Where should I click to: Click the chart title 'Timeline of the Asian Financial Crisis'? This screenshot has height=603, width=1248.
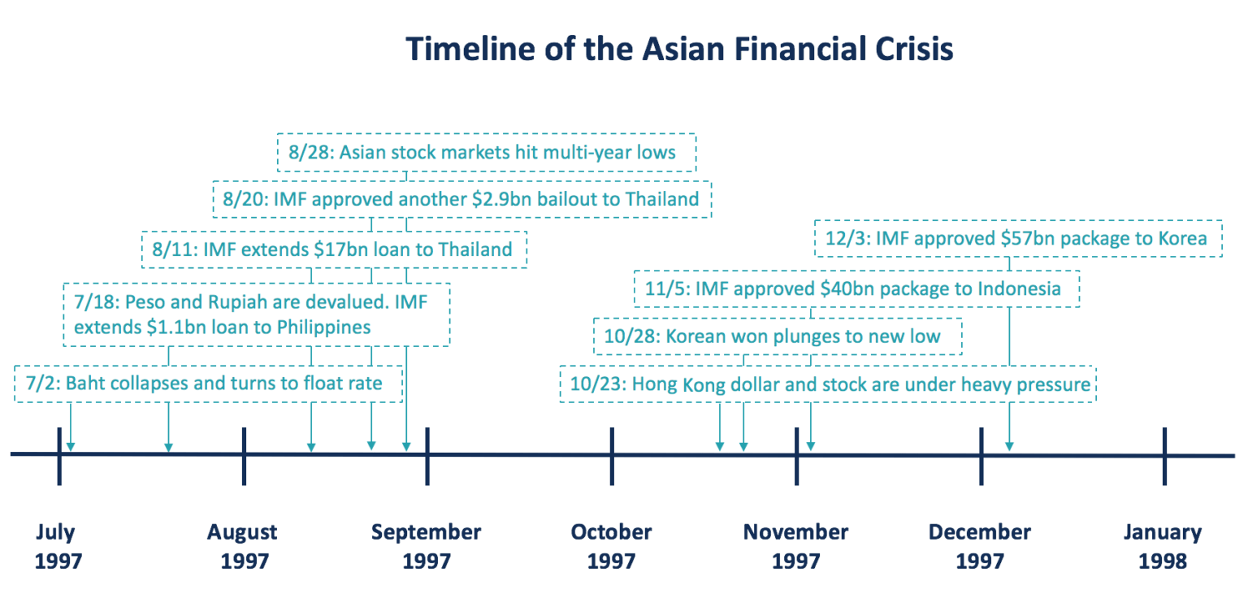[679, 50]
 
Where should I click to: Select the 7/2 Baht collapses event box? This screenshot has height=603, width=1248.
[209, 383]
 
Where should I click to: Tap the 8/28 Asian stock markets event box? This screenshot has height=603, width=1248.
[486, 152]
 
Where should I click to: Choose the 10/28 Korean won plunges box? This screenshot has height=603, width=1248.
[778, 336]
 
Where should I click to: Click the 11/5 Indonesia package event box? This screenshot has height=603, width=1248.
[856, 288]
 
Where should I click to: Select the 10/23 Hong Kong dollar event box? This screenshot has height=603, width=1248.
[827, 384]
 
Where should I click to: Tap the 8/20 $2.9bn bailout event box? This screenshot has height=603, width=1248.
[461, 199]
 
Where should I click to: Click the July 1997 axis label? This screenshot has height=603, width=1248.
[58, 546]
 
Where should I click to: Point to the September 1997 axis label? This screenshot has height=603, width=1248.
[427, 546]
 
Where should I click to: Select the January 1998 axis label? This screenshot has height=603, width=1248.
[1163, 546]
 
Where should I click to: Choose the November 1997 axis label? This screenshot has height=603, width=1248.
[795, 546]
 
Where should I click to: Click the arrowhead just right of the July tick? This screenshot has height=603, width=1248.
[71, 445]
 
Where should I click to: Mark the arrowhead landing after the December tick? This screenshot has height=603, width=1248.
[1009, 445]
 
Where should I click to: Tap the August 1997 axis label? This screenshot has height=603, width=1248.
[242, 546]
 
